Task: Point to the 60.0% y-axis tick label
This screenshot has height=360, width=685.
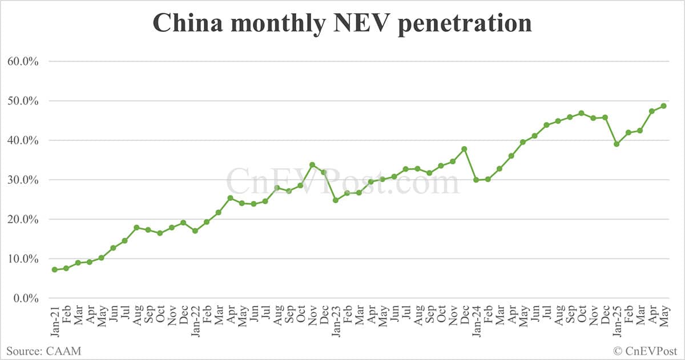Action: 23,62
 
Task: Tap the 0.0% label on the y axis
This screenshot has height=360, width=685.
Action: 25,298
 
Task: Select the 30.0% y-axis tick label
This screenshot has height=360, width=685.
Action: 23,180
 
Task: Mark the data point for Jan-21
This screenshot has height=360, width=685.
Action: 54,270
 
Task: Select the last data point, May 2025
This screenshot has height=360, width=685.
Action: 663,106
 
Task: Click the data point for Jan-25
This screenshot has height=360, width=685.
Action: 616,144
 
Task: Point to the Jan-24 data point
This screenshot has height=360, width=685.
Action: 476,180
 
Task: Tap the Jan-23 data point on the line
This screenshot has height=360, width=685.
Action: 336,200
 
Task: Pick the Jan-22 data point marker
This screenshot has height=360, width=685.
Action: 195,231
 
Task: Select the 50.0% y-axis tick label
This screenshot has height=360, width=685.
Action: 23,101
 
